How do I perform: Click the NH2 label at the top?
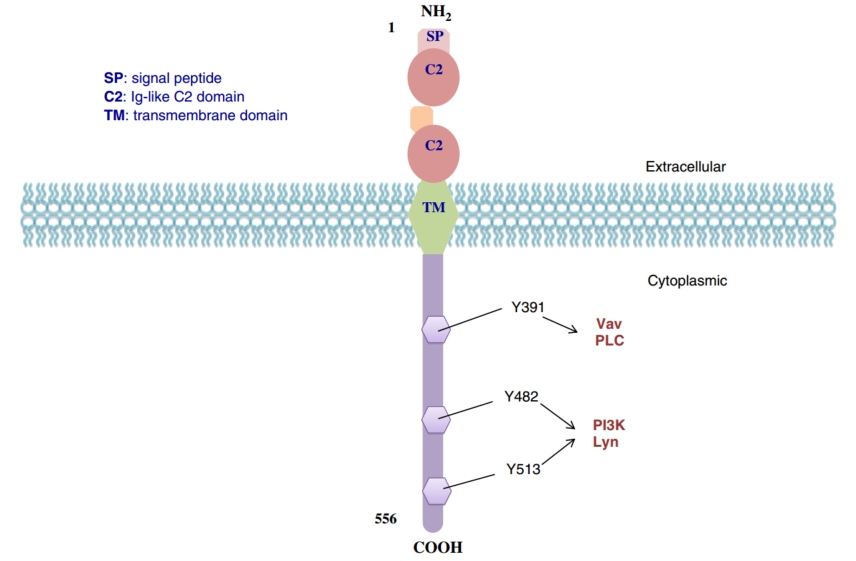pos(435,13)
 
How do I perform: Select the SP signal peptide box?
pos(434,37)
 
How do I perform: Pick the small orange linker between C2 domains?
pos(422,119)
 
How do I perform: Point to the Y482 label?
pos(522,397)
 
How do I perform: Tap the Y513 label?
pos(523,468)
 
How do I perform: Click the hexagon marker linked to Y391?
pos(436,328)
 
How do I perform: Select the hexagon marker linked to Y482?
pos(436,419)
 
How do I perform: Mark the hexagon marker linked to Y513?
pos(436,490)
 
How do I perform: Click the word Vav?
pos(609,324)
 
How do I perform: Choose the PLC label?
pos(609,341)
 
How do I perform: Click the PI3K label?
pos(608,425)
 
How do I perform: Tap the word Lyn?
pos(605,442)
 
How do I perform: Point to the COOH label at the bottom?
pos(437,547)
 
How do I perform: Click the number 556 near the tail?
pos(385,519)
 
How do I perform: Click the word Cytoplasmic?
pos(685,281)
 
